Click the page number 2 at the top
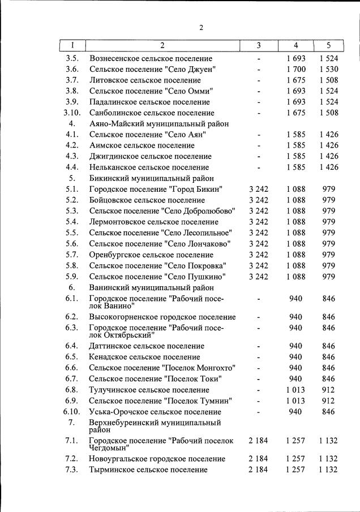pyautogui.click(x=200, y=27)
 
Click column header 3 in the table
pyautogui.click(x=258, y=46)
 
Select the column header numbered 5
pyautogui.click(x=328, y=46)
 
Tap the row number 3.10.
pyautogui.click(x=72, y=113)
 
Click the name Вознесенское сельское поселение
pyautogui.click(x=151, y=59)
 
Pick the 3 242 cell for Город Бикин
pyautogui.click(x=258, y=189)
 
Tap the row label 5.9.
pyautogui.click(x=72, y=277)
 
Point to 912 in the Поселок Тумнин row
pyautogui.click(x=328, y=401)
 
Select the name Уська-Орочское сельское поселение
pyautogui.click(x=155, y=412)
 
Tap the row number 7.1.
pyautogui.click(x=72, y=440)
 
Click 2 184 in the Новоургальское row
pyautogui.click(x=258, y=459)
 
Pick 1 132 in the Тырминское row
pyautogui.click(x=328, y=470)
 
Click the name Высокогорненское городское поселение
pyautogui.click(x=162, y=317)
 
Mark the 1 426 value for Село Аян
pyautogui.click(x=328, y=135)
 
